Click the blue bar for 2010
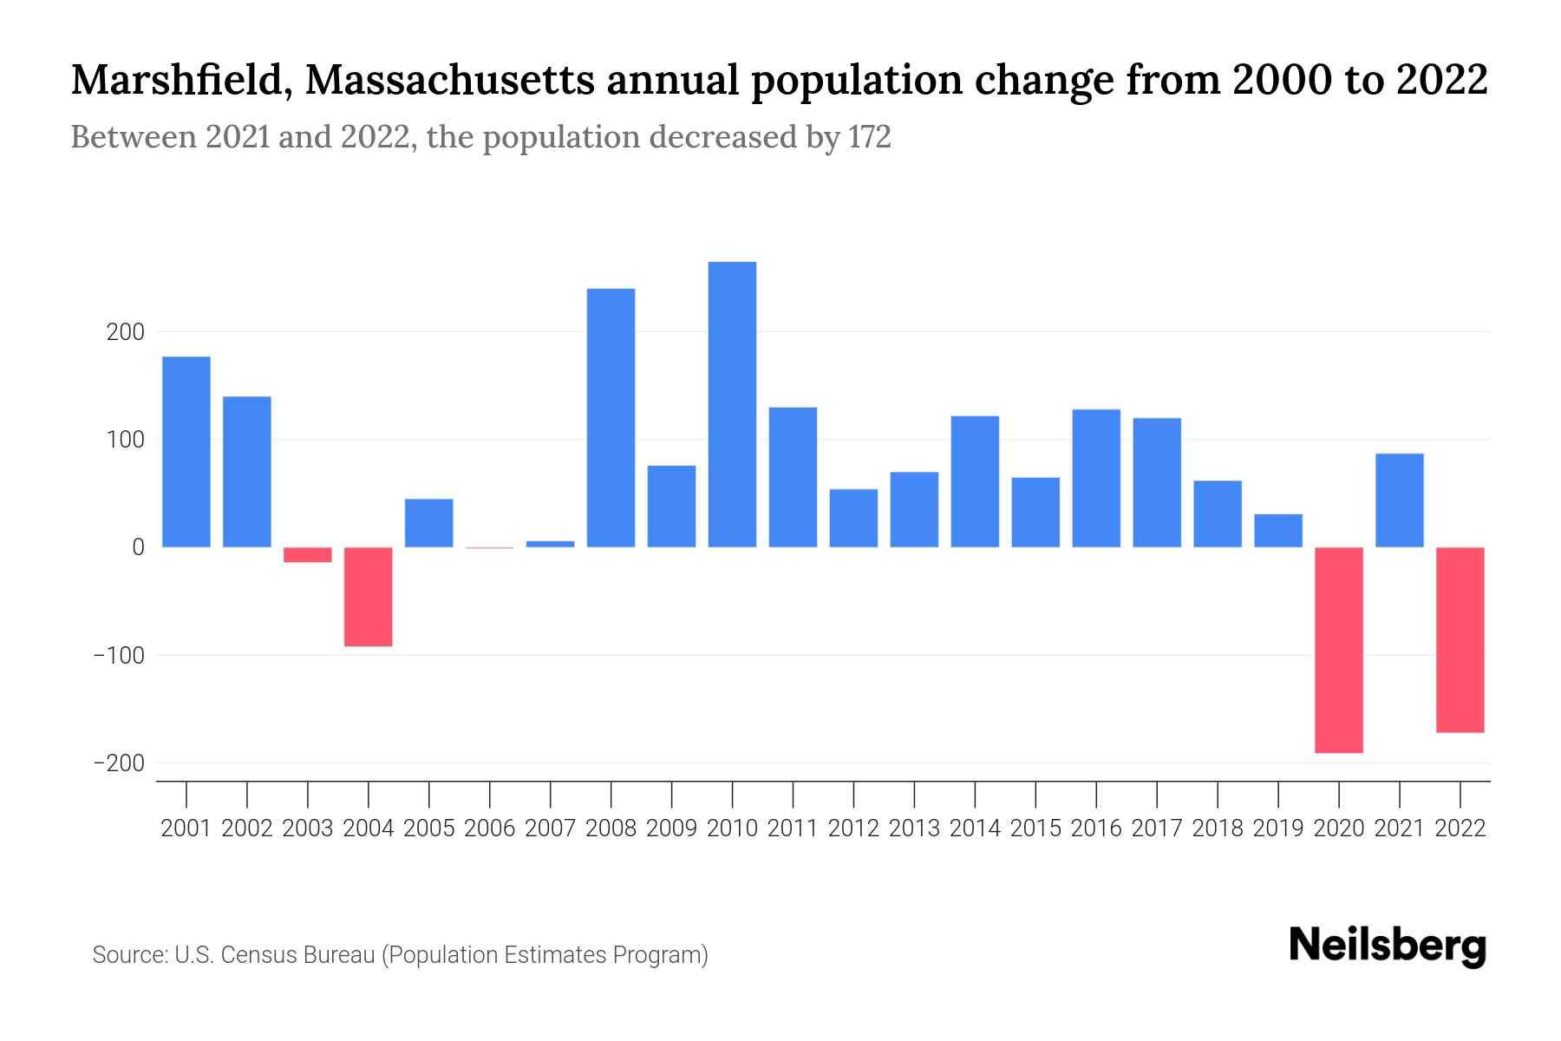coord(732,404)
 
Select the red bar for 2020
coord(1339,650)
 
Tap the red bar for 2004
coord(369,597)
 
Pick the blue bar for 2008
coord(611,417)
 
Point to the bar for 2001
coord(186,452)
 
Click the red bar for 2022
coord(1460,640)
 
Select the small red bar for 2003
coord(308,555)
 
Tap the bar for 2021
coord(1400,501)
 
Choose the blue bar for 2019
coord(1278,531)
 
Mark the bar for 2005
coord(429,523)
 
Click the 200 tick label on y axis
coord(126,332)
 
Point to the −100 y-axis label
coord(119,656)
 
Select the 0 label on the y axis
coord(138,548)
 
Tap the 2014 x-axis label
coord(975,828)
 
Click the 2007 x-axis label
coord(550,828)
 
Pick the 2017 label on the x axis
coord(1157,828)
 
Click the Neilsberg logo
coord(1388,946)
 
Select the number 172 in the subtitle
coord(870,137)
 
